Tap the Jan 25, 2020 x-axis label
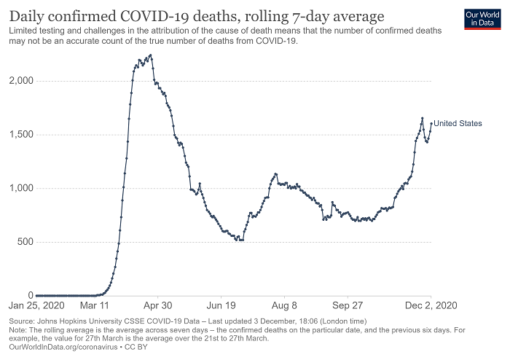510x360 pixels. pyautogui.click(x=36, y=306)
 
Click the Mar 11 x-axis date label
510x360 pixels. pyautogui.click(x=94, y=306)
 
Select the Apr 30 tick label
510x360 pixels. pyautogui.click(x=158, y=306)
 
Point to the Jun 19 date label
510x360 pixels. pyautogui.click(x=221, y=306)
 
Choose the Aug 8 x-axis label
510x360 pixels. pyautogui.click(x=285, y=306)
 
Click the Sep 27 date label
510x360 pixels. pyautogui.click(x=348, y=306)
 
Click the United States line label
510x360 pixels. pyautogui.click(x=458, y=124)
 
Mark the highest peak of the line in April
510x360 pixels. pyautogui.click(x=150, y=55)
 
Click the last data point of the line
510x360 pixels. pyautogui.click(x=431, y=123)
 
